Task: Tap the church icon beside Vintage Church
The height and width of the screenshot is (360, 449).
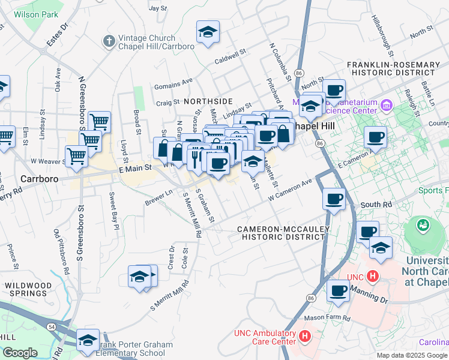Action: [x=109, y=41]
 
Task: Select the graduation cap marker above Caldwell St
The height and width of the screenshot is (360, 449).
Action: [x=208, y=32]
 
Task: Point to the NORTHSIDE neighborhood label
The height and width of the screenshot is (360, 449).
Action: [x=208, y=102]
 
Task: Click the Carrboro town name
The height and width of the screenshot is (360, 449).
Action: [x=38, y=179]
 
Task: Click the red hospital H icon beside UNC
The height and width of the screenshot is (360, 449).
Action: [x=372, y=277]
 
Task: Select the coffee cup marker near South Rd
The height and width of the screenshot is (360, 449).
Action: [x=334, y=198]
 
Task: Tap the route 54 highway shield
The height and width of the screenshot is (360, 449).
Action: [x=37, y=325]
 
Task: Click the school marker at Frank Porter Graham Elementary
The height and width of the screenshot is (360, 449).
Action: [x=88, y=340]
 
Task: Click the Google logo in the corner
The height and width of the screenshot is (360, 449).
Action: [x=20, y=353]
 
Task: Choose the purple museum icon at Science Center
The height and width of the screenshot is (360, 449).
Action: [x=385, y=107]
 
